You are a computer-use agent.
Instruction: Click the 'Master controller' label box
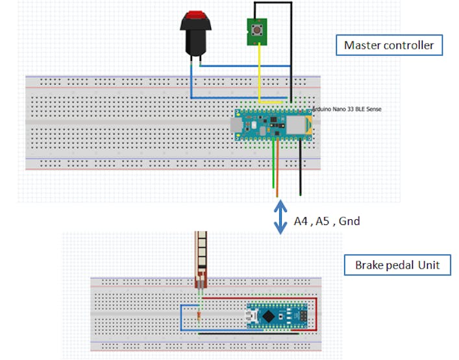point(388,45)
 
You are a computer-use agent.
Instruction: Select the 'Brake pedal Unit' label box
point(397,265)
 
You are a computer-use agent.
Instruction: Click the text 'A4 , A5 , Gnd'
point(327,221)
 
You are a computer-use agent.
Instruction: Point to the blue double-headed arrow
point(280,217)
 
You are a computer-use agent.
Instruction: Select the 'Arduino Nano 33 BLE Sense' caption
point(347,110)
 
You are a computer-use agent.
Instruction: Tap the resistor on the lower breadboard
point(198,316)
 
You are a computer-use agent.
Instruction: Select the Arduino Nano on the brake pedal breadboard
point(276,316)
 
